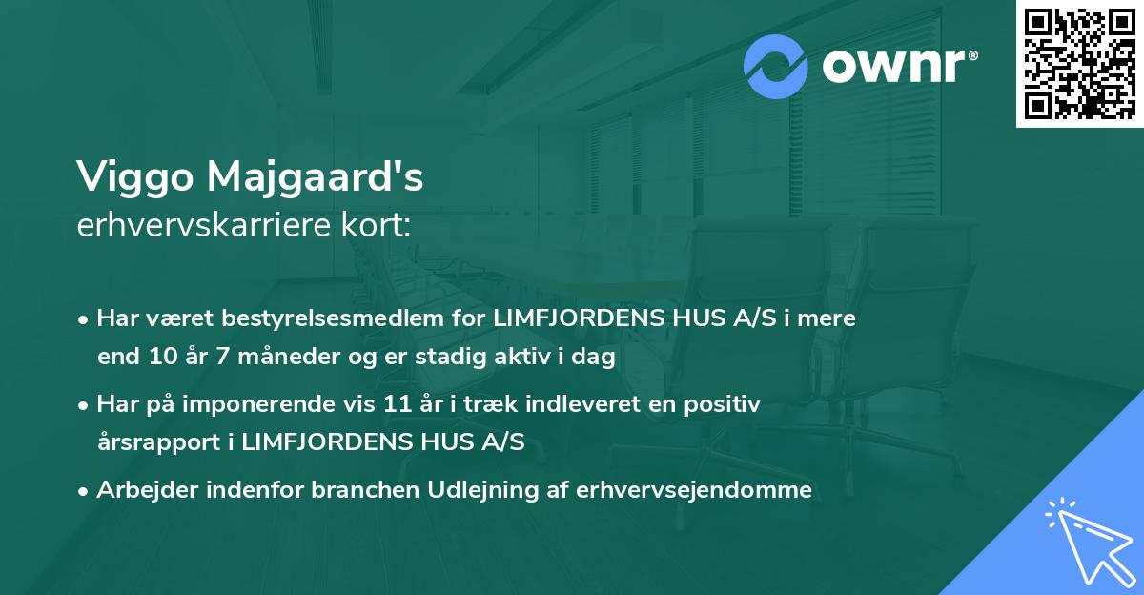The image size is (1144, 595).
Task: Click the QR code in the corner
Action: click(x=1079, y=63)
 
